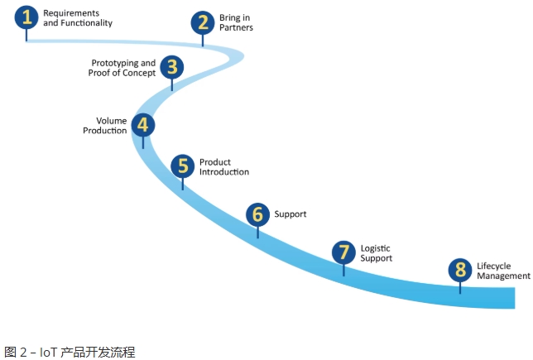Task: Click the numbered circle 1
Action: [26, 17]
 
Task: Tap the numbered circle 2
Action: [202, 22]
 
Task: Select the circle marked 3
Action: [171, 66]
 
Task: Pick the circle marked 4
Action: [143, 125]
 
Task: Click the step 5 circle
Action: [183, 165]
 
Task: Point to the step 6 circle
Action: [257, 214]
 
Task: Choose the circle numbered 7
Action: [343, 252]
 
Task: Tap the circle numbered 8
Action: [459, 270]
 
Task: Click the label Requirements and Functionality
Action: [77, 18]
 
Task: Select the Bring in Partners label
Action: [236, 22]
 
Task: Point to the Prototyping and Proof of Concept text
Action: [122, 68]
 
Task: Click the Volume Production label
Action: [105, 126]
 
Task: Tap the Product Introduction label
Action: [223, 167]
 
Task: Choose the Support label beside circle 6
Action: [291, 214]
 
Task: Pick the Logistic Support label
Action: [377, 253]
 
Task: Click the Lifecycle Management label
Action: [502, 271]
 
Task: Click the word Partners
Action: [236, 28]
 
